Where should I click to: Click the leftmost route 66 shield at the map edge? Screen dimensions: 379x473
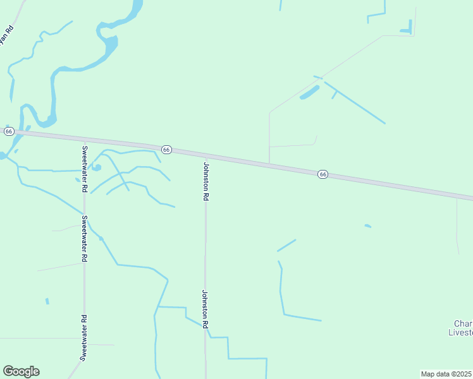pyautogui.click(x=9, y=131)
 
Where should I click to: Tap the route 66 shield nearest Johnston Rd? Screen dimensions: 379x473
pyautogui.click(x=166, y=149)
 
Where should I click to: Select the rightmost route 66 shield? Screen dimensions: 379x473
pyautogui.click(x=322, y=174)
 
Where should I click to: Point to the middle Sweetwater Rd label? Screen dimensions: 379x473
pyautogui.click(x=84, y=239)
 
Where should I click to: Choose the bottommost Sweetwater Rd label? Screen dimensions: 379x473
pyautogui.click(x=83, y=337)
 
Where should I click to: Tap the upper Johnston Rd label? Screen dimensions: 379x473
pyautogui.click(x=206, y=181)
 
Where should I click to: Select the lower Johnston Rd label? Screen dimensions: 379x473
pyautogui.click(x=205, y=308)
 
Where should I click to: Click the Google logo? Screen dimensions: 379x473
pyautogui.click(x=21, y=371)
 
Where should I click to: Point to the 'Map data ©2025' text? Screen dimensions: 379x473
pyautogui.click(x=446, y=373)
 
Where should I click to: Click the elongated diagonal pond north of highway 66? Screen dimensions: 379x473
pyautogui.click(x=309, y=92)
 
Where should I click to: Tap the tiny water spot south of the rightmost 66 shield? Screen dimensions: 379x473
pyautogui.click(x=368, y=226)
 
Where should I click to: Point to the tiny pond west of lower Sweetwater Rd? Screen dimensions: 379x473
pyautogui.click(x=47, y=301)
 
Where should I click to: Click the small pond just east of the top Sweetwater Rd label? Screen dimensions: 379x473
pyautogui.click(x=96, y=167)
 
